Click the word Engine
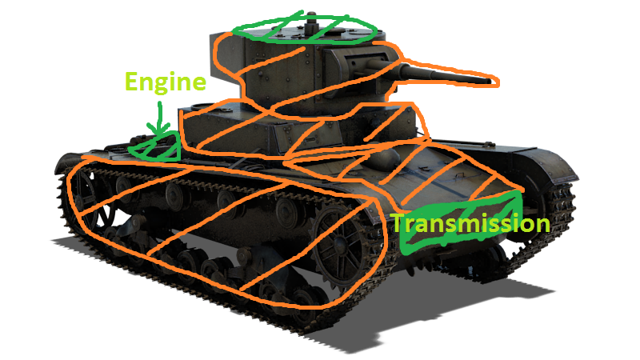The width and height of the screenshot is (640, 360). pyautogui.click(x=166, y=82)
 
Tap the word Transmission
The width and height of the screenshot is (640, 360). pyautogui.click(x=470, y=223)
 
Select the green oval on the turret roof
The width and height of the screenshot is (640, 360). pyautogui.click(x=304, y=29)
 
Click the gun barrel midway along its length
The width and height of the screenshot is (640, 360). pyautogui.click(x=444, y=76)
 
